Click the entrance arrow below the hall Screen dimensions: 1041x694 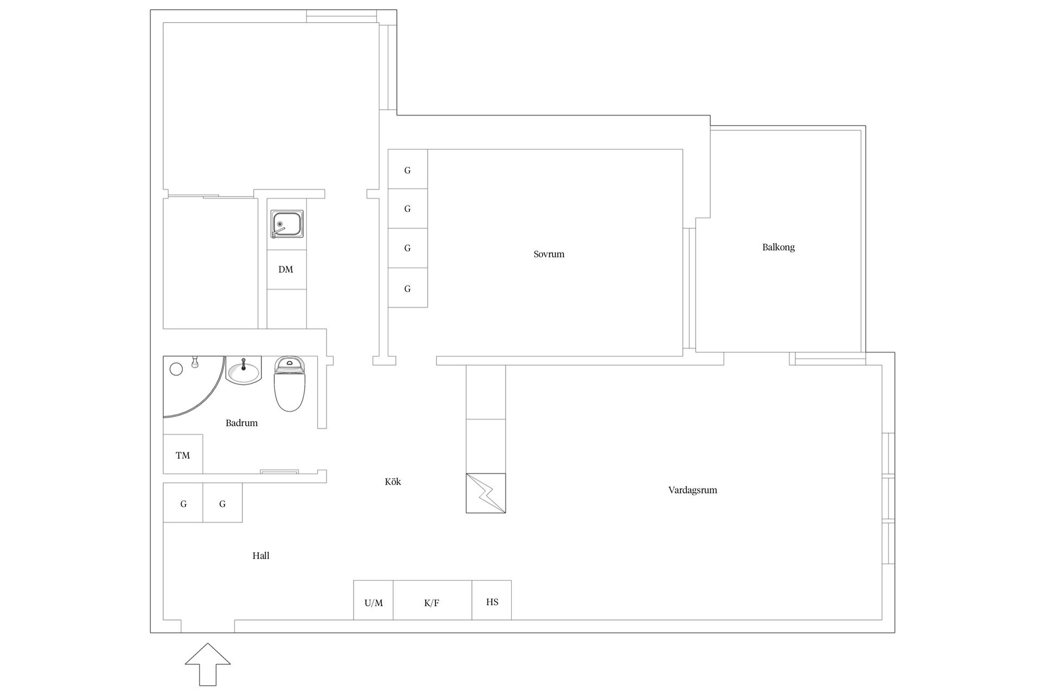point(208,664)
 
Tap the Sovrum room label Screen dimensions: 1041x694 point(549,254)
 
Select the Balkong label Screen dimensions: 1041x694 point(778,247)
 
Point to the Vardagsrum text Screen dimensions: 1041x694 point(692,490)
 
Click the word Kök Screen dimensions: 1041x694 point(393,481)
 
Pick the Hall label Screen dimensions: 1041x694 point(261,556)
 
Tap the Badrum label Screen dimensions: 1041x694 point(241,423)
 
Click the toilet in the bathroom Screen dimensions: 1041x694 point(290,383)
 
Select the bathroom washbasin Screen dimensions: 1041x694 point(243,370)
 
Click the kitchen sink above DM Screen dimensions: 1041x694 point(287,224)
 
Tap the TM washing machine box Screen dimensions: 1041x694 point(183,454)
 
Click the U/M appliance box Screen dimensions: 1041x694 point(374,600)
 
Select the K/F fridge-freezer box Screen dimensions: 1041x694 point(433,600)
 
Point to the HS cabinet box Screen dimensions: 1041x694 point(492,600)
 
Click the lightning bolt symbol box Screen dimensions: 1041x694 point(486,493)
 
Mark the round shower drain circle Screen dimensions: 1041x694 point(176,369)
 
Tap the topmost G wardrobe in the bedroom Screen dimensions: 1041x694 point(408,169)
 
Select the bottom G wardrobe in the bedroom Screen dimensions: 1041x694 point(408,288)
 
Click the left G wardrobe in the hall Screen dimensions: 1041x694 point(183,503)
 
